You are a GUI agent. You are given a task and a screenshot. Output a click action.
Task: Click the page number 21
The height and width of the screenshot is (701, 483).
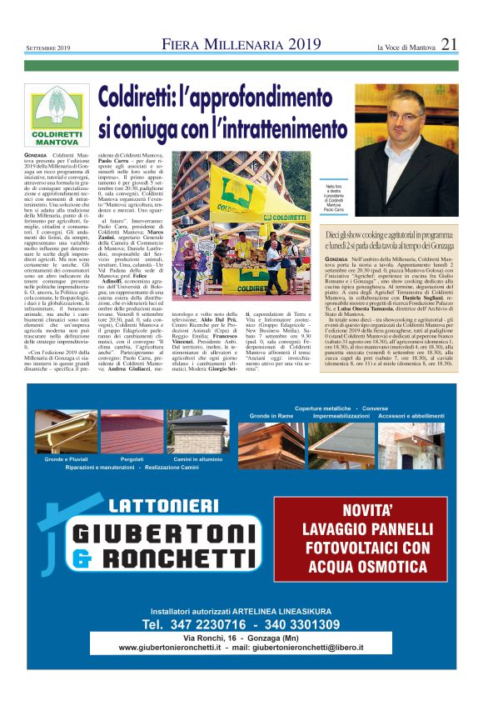(x=449, y=44)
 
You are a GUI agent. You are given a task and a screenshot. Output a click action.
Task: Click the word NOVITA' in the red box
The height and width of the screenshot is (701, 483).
(x=361, y=510)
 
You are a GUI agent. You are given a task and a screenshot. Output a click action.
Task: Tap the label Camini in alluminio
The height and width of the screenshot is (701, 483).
(x=199, y=458)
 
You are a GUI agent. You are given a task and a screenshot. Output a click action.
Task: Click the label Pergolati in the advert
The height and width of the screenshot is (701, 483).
(x=132, y=458)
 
